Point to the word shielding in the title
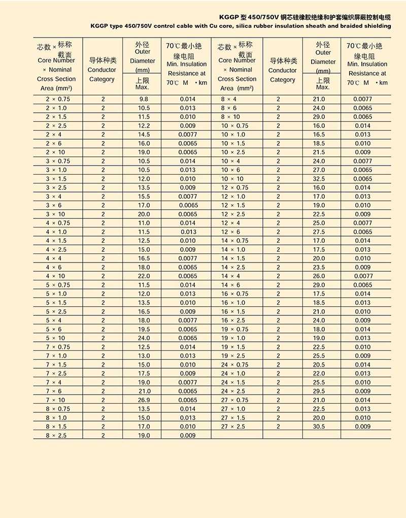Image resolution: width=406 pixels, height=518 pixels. point(376,26)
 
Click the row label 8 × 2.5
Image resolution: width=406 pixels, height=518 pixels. point(56,436)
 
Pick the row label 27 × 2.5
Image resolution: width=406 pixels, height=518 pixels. point(233,427)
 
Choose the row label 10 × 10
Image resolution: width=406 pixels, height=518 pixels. point(232,179)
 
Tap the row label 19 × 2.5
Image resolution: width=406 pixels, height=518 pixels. point(233,356)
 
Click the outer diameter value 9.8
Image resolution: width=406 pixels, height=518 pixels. point(144,99)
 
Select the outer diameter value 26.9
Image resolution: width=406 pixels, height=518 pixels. point(144,400)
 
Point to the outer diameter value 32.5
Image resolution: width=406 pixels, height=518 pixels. point(319,179)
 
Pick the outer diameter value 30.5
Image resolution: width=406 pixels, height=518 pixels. point(319,427)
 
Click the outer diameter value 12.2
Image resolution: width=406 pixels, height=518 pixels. point(144,125)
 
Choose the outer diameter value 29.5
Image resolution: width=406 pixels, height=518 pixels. point(319,391)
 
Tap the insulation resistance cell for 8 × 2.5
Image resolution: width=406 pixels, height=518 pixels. point(187,436)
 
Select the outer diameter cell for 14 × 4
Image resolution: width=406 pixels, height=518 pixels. point(319,276)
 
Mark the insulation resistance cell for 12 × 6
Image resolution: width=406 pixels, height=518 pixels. point(362,232)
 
